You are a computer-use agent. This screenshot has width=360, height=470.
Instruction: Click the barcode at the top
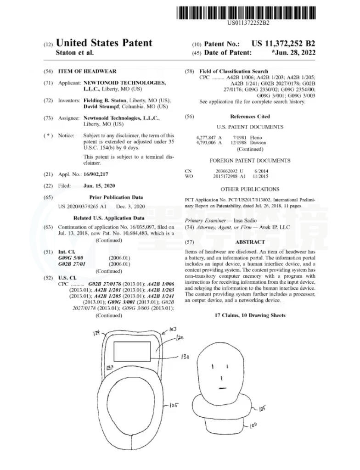click(246, 13)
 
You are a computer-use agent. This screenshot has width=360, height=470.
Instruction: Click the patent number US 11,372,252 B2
click(283, 44)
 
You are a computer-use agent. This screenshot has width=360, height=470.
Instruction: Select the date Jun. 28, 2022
click(294, 53)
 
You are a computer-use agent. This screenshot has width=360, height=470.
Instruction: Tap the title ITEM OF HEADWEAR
click(87, 71)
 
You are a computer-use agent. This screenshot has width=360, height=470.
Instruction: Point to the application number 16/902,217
click(96, 174)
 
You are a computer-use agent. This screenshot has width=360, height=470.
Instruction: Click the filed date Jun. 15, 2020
click(99, 186)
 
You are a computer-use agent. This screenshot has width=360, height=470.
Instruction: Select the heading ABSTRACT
click(250, 242)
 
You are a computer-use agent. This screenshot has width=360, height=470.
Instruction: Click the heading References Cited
click(250, 116)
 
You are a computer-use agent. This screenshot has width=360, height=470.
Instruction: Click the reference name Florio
click(256, 138)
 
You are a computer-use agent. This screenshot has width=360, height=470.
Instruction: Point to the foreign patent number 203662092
click(226, 171)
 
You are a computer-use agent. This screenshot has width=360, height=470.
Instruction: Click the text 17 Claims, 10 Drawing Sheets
click(250, 315)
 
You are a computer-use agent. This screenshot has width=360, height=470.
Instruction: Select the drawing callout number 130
click(185, 357)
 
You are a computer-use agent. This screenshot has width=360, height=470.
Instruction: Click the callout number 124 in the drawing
click(96, 333)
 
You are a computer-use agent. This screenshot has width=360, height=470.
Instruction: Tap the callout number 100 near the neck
click(253, 425)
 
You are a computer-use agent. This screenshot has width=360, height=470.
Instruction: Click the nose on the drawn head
click(221, 378)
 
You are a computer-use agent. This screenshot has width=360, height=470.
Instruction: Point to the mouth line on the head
click(222, 388)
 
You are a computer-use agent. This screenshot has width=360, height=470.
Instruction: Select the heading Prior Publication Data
click(116, 197)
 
